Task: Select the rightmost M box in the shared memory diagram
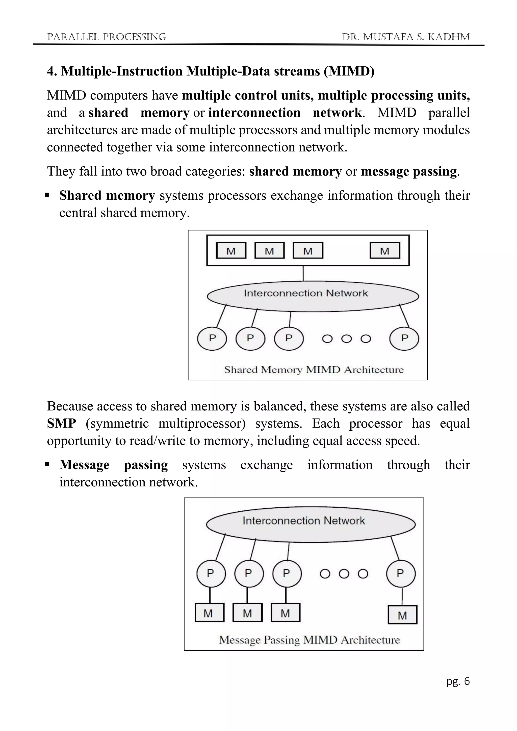pyautogui.click(x=384, y=251)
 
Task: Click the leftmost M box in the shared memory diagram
pyautogui.click(x=231, y=251)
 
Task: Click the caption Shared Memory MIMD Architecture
pyautogui.click(x=314, y=370)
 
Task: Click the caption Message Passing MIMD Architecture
pyautogui.click(x=309, y=640)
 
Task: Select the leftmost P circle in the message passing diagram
pyautogui.click(x=211, y=573)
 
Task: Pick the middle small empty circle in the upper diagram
pyautogui.click(x=346, y=339)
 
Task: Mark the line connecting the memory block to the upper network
pyautogui.click(x=303, y=273)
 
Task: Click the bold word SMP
pyautogui.click(x=61, y=424)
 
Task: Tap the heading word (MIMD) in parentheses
pyautogui.click(x=349, y=71)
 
